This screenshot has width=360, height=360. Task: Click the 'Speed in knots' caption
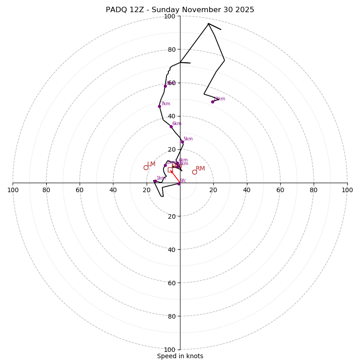click(x=180, y=356)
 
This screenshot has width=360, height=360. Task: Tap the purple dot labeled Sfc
click(x=179, y=184)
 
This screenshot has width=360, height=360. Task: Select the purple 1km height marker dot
click(x=155, y=181)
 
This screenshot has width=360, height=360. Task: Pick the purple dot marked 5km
click(x=182, y=142)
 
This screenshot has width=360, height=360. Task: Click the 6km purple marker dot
click(x=171, y=126)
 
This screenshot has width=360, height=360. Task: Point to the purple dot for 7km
click(x=159, y=106)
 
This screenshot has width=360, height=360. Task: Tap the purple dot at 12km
click(x=213, y=102)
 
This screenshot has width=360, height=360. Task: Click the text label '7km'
click(x=166, y=104)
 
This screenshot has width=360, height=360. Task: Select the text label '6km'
click(x=177, y=124)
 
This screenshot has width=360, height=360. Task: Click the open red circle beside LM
click(x=146, y=167)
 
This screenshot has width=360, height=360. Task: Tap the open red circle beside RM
click(x=194, y=172)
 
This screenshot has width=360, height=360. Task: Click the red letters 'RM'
click(x=200, y=169)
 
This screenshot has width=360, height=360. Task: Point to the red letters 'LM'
click(x=151, y=164)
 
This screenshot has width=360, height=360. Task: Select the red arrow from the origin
click(x=175, y=176)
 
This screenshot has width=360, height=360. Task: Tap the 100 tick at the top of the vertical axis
click(x=169, y=17)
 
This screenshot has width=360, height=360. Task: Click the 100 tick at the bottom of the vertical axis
click(x=169, y=350)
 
